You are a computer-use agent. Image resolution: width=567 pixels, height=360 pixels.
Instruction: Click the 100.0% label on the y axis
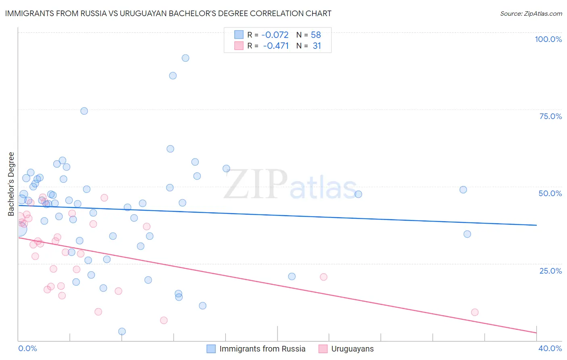click(548, 39)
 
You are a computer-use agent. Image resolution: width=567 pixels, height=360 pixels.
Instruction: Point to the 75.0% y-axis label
click(550, 116)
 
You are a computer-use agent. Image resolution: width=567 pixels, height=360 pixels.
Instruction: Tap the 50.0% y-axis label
click(550, 193)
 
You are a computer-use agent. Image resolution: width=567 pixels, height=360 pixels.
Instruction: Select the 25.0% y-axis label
click(550, 270)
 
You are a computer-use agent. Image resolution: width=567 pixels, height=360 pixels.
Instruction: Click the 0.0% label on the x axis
click(27, 348)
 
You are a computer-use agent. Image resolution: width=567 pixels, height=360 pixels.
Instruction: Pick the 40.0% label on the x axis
click(550, 348)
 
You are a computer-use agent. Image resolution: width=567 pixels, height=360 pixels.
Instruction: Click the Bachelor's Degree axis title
click(11, 184)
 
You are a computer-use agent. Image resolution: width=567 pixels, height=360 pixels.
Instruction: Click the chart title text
click(168, 13)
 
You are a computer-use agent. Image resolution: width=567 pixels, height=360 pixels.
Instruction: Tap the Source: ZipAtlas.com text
click(531, 13)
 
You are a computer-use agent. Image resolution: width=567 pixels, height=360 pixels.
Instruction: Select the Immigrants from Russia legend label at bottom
click(262, 349)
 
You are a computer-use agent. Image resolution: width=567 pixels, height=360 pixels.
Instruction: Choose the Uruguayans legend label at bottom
click(352, 349)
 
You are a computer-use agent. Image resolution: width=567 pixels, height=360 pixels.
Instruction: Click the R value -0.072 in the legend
click(275, 35)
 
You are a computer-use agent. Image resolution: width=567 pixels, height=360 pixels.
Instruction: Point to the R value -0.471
click(276, 46)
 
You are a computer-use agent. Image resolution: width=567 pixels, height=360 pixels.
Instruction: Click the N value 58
click(316, 35)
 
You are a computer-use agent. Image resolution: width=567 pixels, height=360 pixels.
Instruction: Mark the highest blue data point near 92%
click(186, 58)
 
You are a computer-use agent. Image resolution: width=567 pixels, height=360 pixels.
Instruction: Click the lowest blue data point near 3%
click(122, 331)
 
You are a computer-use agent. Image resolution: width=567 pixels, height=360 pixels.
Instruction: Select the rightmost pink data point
click(475, 312)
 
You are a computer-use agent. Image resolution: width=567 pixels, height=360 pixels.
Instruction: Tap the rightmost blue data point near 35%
click(467, 234)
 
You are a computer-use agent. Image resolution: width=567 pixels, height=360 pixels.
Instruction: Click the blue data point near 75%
click(84, 111)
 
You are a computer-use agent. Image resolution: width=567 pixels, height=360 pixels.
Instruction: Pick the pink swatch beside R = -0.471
click(239, 46)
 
